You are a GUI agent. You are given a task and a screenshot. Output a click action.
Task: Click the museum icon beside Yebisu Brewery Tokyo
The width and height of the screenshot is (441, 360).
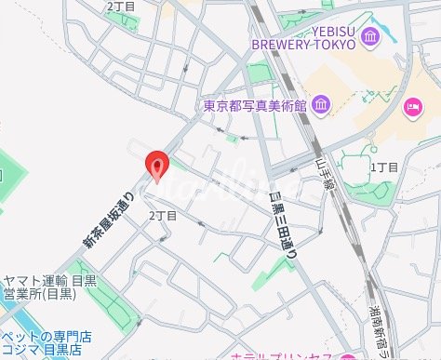coord(371,38)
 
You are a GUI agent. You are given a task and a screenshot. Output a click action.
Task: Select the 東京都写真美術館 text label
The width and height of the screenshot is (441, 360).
coord(255,105)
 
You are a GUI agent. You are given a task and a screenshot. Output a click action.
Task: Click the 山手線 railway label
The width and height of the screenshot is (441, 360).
coord(323,171)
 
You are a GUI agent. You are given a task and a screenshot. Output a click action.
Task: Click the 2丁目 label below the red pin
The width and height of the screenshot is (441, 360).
coord(163,215)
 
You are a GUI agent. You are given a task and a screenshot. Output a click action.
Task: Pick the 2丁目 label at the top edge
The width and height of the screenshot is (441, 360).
coord(120,6)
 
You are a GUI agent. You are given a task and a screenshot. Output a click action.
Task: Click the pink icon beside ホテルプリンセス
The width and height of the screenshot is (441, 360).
coord(348,356)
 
